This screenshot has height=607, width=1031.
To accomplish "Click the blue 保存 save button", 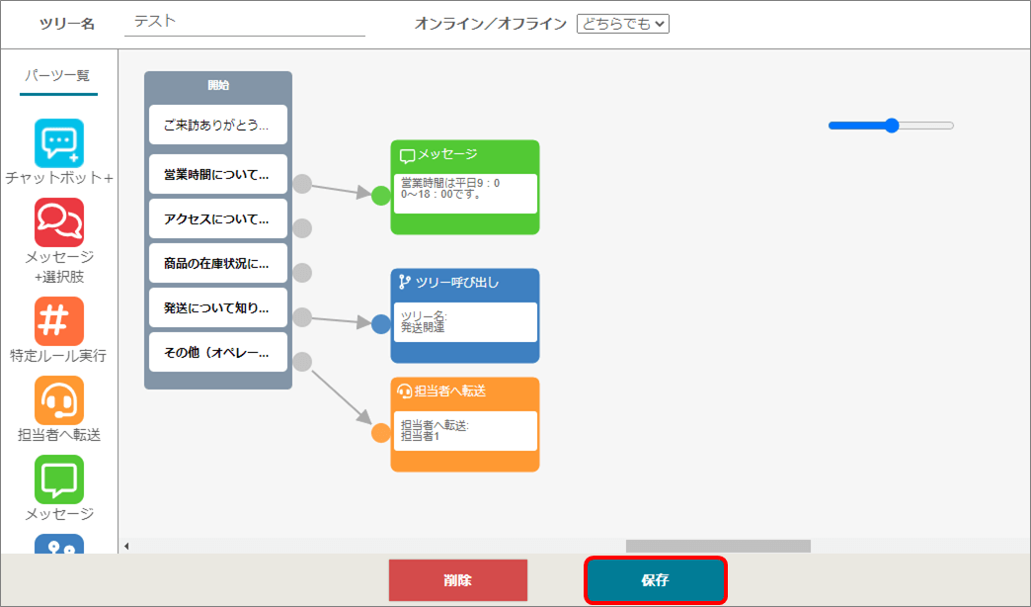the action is [656, 580].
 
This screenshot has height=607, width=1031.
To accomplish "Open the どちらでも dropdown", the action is [623, 24].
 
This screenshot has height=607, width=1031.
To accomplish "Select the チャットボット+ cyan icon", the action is [59, 143].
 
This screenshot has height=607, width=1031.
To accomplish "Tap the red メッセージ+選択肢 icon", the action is [59, 222].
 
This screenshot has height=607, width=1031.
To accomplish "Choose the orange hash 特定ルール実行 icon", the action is [59, 321].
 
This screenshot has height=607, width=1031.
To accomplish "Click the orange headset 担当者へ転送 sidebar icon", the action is [59, 400].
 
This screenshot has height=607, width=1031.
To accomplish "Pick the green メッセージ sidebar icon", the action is [59, 479].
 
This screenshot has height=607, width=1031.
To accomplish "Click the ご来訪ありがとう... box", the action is [218, 125].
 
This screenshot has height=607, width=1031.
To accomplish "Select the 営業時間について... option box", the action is [218, 174].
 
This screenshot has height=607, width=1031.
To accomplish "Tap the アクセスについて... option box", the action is [218, 218].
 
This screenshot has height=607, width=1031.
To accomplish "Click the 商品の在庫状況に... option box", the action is [218, 263].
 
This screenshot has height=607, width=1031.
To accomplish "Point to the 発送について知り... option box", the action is [218, 307].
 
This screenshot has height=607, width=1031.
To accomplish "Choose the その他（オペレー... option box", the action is [218, 352].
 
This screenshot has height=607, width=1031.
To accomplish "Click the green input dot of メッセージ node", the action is [381, 196].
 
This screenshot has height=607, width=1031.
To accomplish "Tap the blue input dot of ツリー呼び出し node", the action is [381, 324].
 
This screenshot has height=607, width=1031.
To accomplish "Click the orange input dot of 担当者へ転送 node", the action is [381, 433].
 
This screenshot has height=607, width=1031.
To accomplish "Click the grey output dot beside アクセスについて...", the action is [302, 228].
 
